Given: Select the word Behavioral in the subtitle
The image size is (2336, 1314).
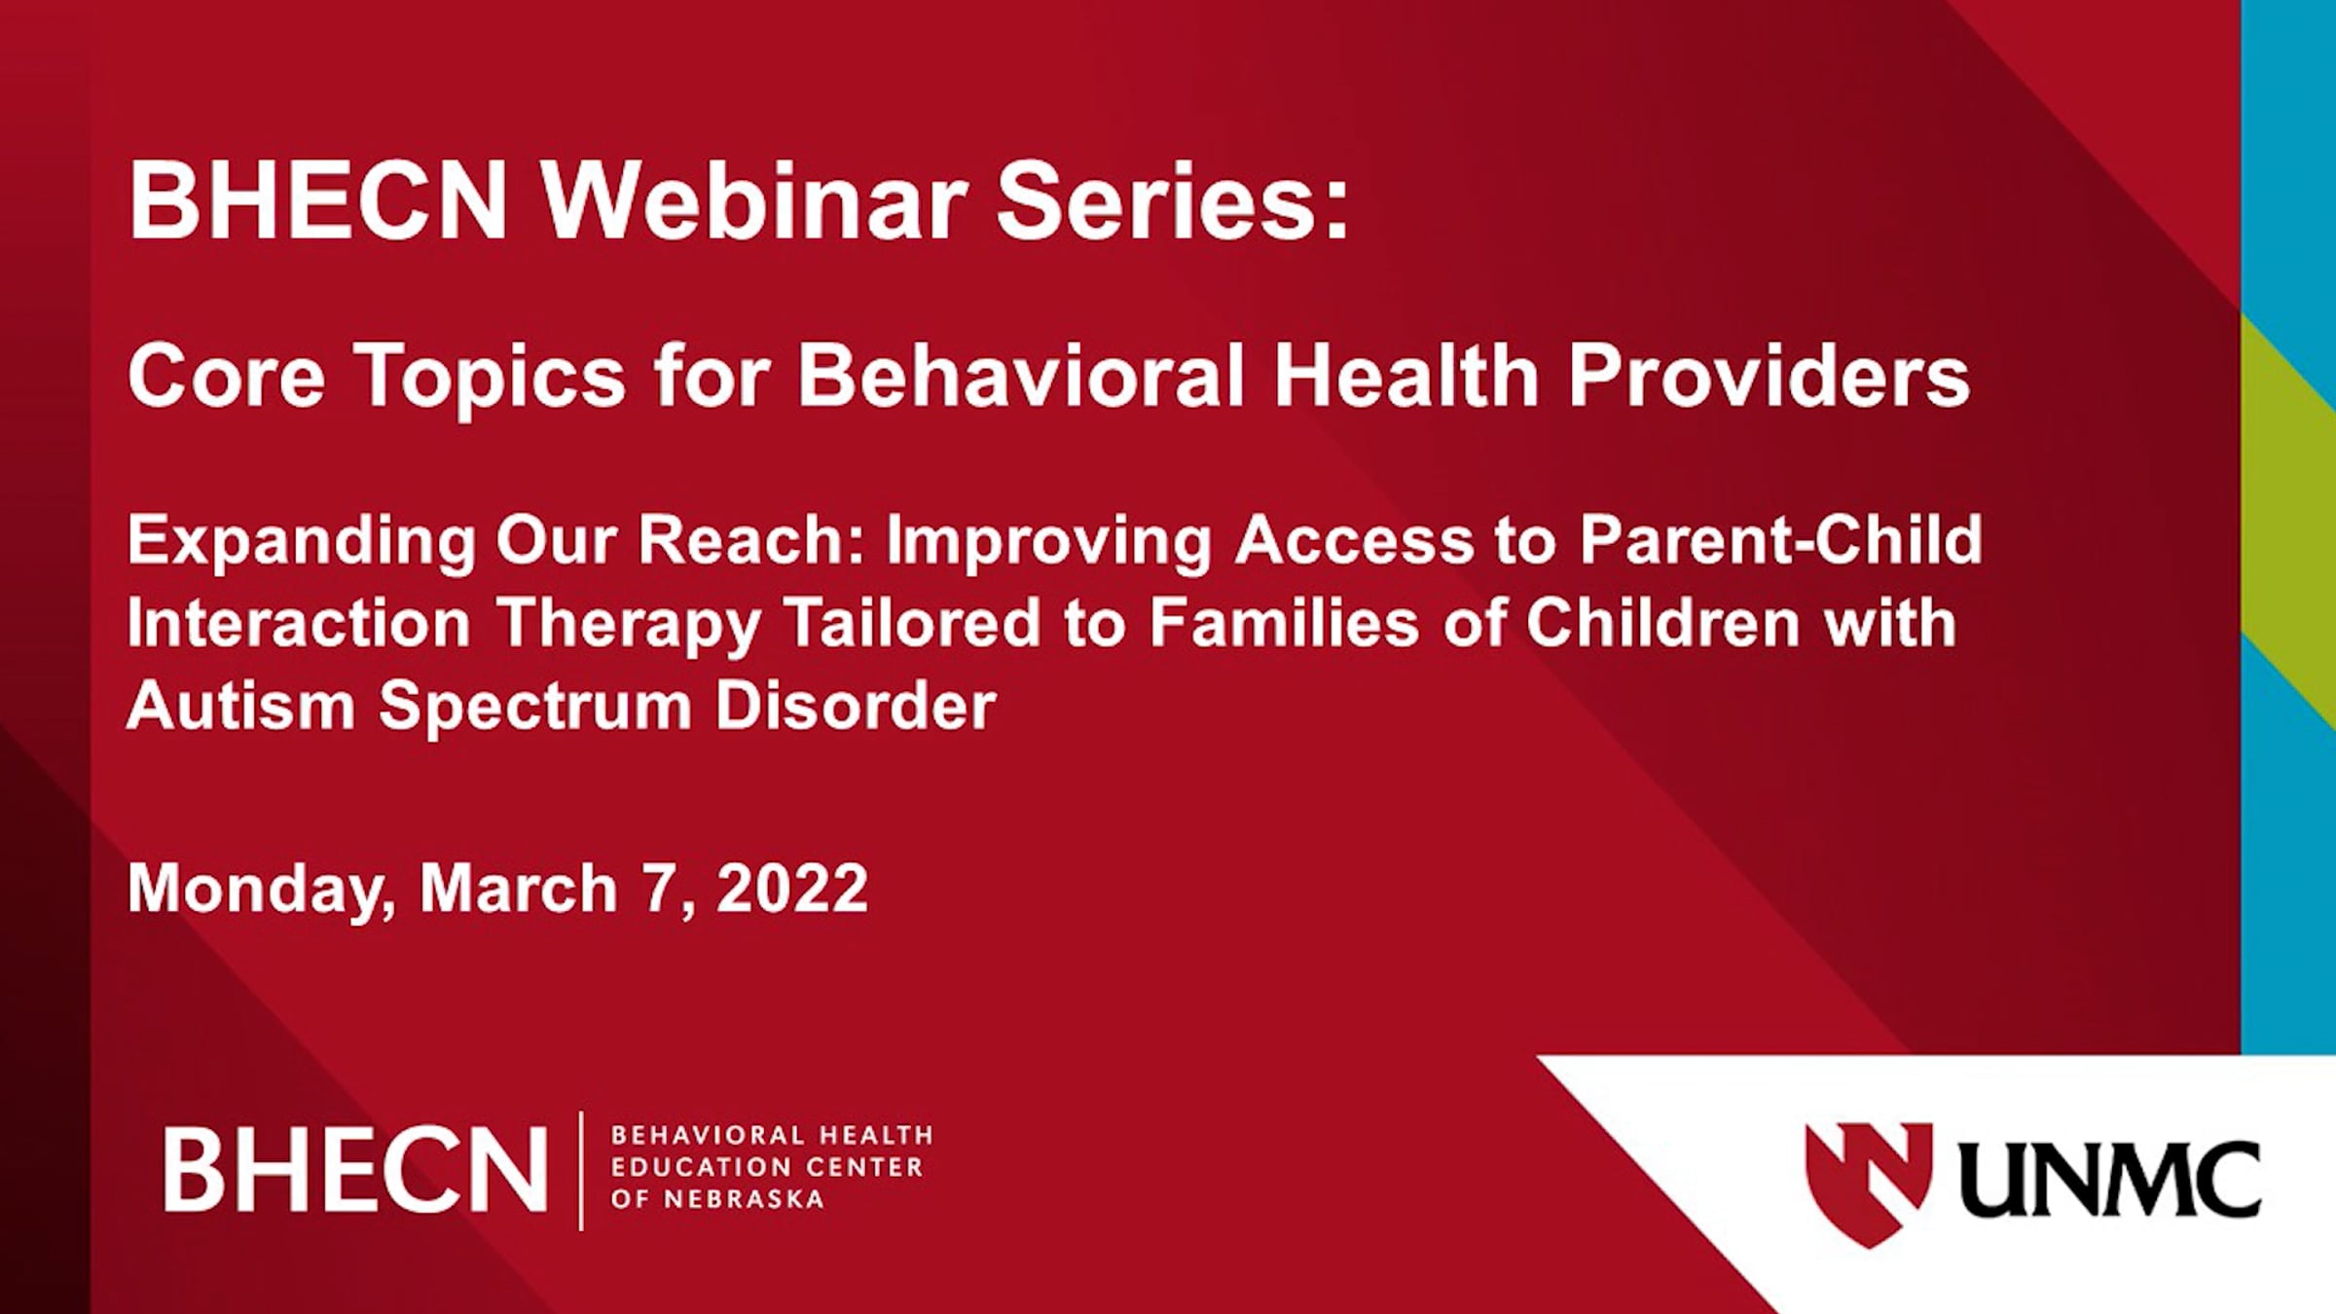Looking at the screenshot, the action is (1021, 376).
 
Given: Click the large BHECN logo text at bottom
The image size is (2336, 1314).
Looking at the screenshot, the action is (355, 1169).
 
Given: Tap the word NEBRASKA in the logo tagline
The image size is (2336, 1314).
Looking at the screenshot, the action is (744, 1199).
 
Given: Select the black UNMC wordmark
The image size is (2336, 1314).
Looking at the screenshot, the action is (2110, 1179).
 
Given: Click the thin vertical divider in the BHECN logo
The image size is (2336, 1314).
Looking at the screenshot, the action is (581, 1170).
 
